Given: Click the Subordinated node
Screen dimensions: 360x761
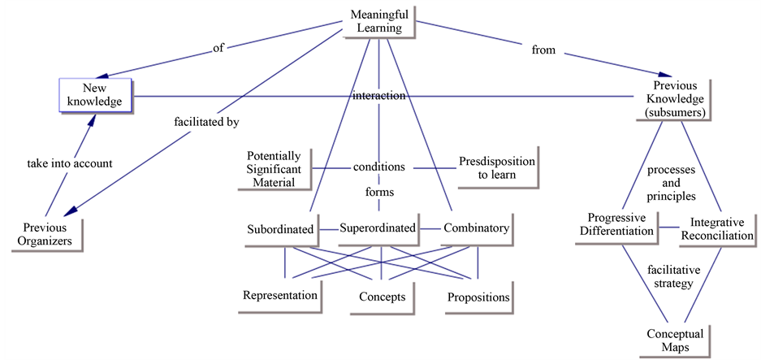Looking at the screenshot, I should pyautogui.click(x=280, y=229).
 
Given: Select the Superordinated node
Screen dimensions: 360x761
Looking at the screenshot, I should pyautogui.click(x=378, y=228).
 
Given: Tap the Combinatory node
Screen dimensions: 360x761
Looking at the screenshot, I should pyautogui.click(x=477, y=228).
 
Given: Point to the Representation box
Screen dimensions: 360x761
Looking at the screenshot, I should pyautogui.click(x=280, y=295).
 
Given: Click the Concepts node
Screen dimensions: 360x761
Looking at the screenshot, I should pyautogui.click(x=383, y=297).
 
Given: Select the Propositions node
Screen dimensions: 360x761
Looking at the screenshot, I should pyautogui.click(x=478, y=297).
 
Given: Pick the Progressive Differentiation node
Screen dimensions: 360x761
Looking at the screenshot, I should pyautogui.click(x=621, y=225).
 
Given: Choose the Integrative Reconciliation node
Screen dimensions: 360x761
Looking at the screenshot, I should pyautogui.click(x=722, y=228).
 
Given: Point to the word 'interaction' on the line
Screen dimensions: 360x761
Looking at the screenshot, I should pyautogui.click(x=378, y=96).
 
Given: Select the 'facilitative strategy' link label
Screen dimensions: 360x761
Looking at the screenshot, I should pyautogui.click(x=672, y=277).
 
